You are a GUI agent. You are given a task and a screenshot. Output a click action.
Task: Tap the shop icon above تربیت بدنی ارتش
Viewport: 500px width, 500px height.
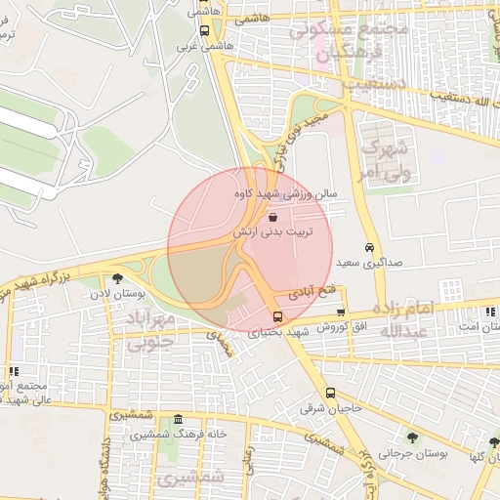[271, 217]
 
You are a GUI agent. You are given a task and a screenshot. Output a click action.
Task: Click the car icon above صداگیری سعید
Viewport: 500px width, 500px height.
[368, 247]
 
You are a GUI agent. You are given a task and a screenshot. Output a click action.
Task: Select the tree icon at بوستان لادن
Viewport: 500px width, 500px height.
[118, 277]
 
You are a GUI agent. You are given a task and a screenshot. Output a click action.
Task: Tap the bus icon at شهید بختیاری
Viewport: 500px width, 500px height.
[278, 316]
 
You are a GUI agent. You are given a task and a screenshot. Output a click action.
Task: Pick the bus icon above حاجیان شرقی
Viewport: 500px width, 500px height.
[329, 393]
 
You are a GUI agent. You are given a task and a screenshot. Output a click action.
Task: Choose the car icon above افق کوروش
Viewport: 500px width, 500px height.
[341, 312]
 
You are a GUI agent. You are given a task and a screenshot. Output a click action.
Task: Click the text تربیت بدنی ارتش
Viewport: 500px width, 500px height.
[271, 233]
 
